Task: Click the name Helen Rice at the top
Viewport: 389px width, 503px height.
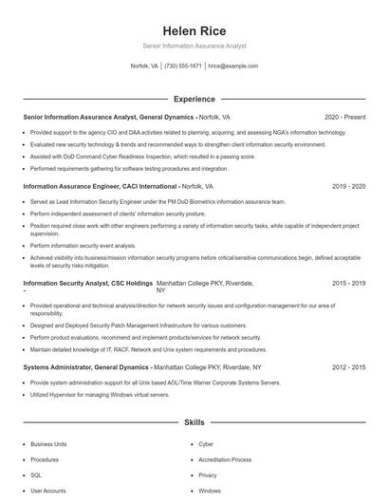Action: (x=194, y=30)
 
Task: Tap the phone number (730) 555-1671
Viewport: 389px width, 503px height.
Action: (x=183, y=66)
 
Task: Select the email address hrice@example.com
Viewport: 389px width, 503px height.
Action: (x=233, y=66)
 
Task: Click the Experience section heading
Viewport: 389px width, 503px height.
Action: (x=194, y=99)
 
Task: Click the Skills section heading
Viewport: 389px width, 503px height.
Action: (x=194, y=421)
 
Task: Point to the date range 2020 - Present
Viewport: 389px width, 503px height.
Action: (x=345, y=117)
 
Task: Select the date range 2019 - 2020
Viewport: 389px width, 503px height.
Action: (x=348, y=187)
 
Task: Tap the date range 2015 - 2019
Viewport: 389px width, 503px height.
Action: (x=348, y=283)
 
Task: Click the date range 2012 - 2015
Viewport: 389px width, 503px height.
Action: (x=348, y=365)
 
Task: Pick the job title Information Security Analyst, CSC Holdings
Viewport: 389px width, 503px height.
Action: (x=87, y=283)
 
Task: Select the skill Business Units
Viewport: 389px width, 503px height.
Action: (x=48, y=444)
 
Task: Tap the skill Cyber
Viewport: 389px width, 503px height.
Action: (x=206, y=444)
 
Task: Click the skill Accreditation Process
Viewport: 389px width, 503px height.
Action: (x=224, y=459)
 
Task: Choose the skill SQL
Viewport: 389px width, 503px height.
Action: (x=36, y=475)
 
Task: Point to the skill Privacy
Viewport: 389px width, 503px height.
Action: (x=208, y=475)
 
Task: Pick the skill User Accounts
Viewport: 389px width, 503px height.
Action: (x=48, y=491)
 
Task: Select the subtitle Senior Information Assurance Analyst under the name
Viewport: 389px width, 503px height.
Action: (x=194, y=46)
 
